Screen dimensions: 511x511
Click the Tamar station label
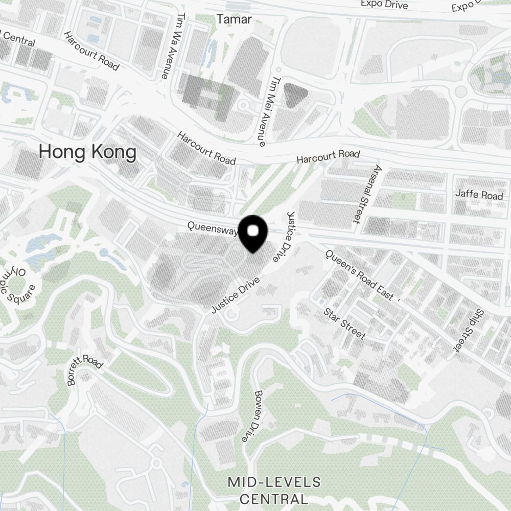pyautogui.click(x=234, y=19)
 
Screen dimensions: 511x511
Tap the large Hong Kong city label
pyautogui.click(x=88, y=152)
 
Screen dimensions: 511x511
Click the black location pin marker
pyautogui.click(x=253, y=233)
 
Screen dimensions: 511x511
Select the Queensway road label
pyautogui.click(x=212, y=228)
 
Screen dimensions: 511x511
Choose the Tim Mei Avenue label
pyautogui.click(x=269, y=112)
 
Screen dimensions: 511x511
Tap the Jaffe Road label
pyautogui.click(x=479, y=196)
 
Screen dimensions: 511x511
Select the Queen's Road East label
pyautogui.click(x=360, y=275)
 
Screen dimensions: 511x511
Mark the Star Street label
pyautogui.click(x=345, y=323)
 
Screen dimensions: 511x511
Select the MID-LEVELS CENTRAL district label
pyautogui.click(x=274, y=490)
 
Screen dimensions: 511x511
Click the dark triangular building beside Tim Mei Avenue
pyautogui.click(x=295, y=95)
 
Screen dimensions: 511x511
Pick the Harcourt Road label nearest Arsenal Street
pyautogui.click(x=329, y=157)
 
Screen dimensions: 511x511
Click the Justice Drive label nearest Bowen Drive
pyautogui.click(x=236, y=295)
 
